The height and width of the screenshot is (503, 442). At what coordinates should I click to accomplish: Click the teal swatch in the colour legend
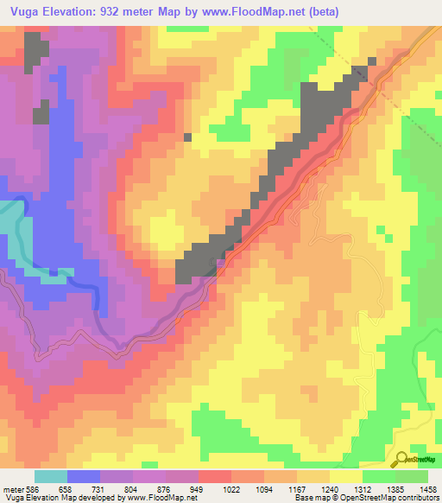51,476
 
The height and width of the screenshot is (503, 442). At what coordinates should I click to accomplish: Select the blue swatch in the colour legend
84,476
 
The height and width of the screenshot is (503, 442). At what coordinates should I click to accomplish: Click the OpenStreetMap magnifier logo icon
402,459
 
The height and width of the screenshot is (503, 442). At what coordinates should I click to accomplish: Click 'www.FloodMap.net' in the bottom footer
164,498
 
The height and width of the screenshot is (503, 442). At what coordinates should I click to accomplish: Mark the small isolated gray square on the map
187,136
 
